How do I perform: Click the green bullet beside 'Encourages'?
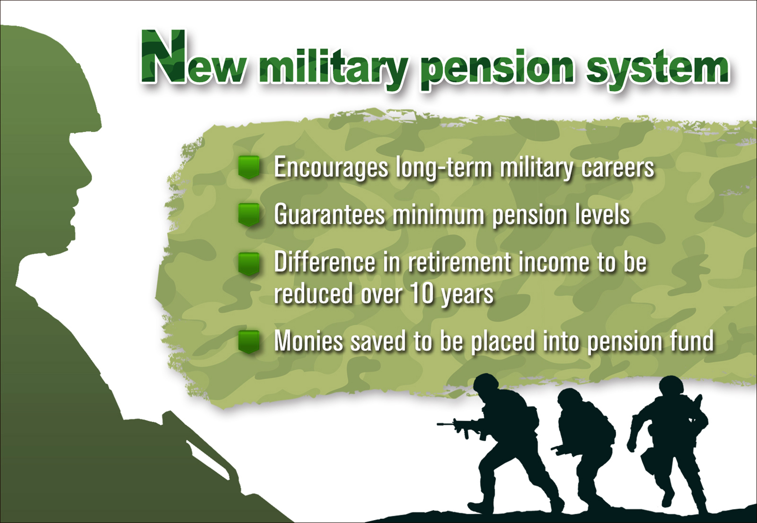tap(249, 167)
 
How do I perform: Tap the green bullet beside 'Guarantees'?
tap(249, 214)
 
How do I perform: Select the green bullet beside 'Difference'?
tap(249, 263)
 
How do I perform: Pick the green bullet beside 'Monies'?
tap(249, 341)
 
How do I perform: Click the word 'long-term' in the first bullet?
tap(444, 168)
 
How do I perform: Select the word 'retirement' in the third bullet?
tap(460, 262)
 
